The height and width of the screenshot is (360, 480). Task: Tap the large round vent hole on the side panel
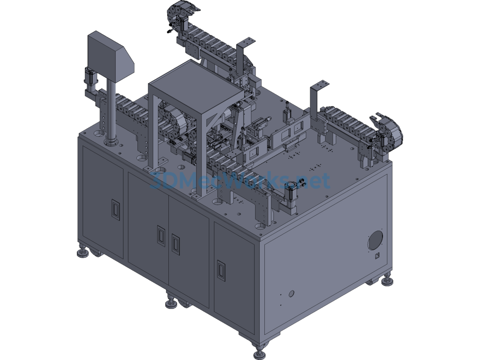point(375,240)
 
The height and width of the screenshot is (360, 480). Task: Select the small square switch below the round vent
point(377,255)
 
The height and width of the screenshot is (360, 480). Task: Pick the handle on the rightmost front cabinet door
point(221,270)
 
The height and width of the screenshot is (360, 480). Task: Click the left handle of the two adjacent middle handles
point(161,236)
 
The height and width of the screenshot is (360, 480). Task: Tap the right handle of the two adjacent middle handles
point(176,244)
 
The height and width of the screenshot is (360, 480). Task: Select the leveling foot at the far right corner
point(387,280)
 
